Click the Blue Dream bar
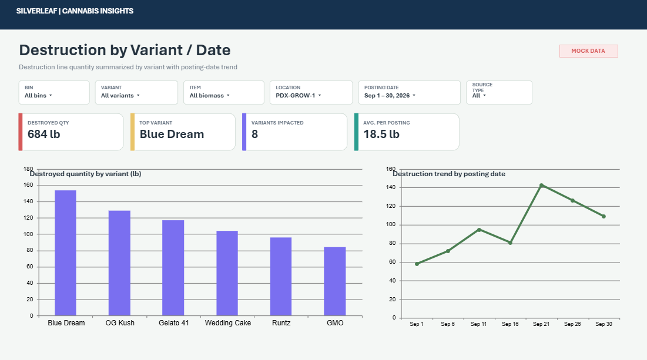pyautogui.click(x=66, y=253)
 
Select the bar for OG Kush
pyautogui.click(x=119, y=263)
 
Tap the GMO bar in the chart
pyautogui.click(x=334, y=281)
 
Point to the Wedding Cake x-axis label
pyautogui.click(x=228, y=323)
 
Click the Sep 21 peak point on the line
pyautogui.click(x=541, y=186)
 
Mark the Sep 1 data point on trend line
pyautogui.click(x=417, y=264)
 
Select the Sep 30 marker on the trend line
pyautogui.click(x=604, y=217)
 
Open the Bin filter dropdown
pyautogui.click(x=54, y=92)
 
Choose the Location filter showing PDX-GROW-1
pyautogui.click(x=311, y=92)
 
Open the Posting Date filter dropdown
pyautogui.click(x=410, y=92)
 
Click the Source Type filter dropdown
pyautogui.click(x=500, y=92)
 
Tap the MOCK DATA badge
pyautogui.click(x=588, y=51)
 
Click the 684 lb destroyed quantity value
pyautogui.click(x=43, y=134)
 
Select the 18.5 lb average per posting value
pyautogui.click(x=381, y=134)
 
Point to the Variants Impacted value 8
pyautogui.click(x=254, y=134)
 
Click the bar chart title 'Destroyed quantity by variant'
pyautogui.click(x=85, y=174)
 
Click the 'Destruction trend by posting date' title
pyautogui.click(x=449, y=174)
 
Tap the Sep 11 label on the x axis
pyautogui.click(x=479, y=324)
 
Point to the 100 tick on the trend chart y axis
pyautogui.click(x=391, y=225)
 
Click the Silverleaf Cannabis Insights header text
pyautogui.click(x=75, y=11)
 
